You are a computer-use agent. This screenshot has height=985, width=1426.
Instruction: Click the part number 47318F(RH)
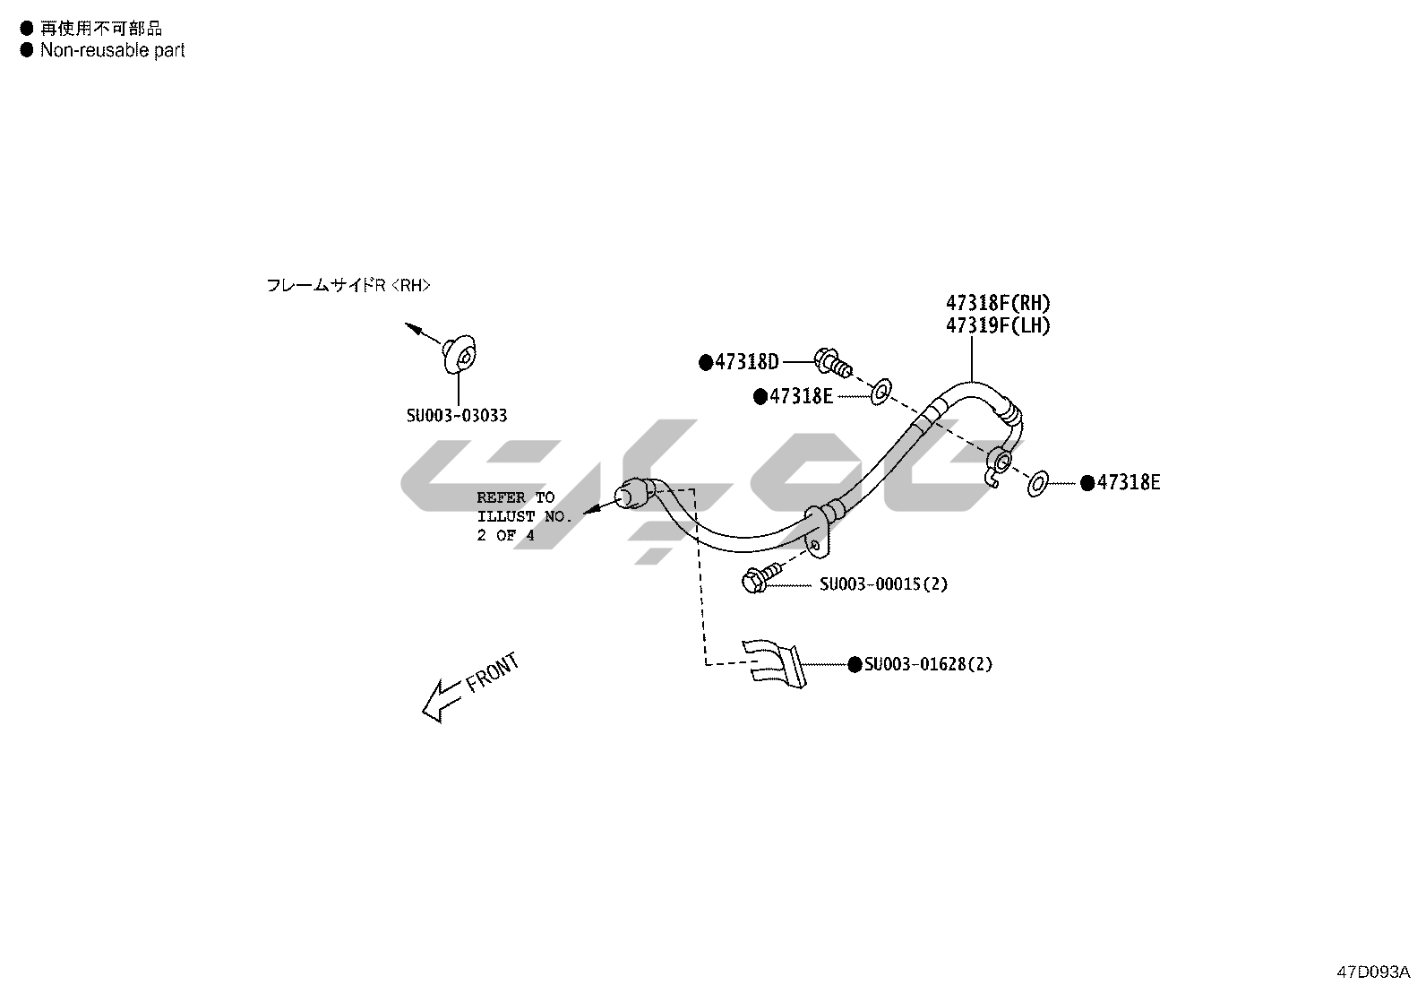(x=998, y=303)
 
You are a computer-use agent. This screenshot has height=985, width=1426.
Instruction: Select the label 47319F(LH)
(x=998, y=325)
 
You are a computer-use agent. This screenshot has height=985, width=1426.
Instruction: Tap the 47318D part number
(x=746, y=362)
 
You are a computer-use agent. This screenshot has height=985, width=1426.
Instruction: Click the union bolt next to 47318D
(x=831, y=362)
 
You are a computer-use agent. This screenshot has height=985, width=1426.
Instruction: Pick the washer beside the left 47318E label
(x=881, y=390)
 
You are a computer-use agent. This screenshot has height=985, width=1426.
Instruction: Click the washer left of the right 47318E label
(x=1037, y=484)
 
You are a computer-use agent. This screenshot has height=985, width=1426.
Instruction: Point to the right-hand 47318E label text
(x=1128, y=482)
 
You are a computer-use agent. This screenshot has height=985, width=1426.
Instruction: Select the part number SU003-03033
(x=457, y=416)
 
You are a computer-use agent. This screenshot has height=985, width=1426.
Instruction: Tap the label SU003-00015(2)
(x=883, y=584)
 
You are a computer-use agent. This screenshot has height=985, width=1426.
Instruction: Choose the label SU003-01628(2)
(x=928, y=664)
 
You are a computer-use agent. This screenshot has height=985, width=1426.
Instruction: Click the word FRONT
(x=493, y=673)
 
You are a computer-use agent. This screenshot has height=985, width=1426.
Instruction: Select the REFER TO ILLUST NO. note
(x=523, y=516)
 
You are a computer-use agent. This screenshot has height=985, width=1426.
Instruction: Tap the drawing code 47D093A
(x=1373, y=972)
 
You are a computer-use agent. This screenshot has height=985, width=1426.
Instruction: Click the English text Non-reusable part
(x=112, y=50)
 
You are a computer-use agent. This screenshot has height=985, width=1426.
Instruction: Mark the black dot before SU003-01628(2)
(x=855, y=664)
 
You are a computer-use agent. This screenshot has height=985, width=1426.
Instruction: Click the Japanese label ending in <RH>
(x=348, y=285)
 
